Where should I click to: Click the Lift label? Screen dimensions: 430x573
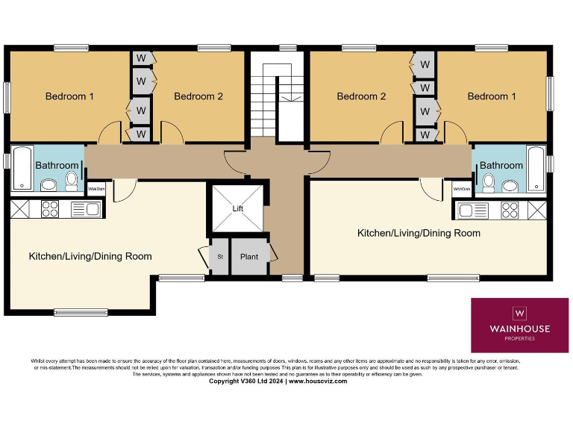(237, 208)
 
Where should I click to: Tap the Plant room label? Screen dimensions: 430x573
(249, 257)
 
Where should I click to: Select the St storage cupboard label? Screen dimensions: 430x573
(220, 257)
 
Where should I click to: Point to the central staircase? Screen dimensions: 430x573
(276, 97)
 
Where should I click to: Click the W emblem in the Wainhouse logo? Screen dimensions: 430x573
(520, 312)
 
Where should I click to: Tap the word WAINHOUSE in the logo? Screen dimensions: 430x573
(520, 328)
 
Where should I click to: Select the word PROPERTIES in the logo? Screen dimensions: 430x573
(520, 338)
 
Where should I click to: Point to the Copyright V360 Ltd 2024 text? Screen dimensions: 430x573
(246, 381)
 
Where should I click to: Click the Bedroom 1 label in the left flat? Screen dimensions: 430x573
(70, 96)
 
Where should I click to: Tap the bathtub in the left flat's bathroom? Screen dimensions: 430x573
(21, 169)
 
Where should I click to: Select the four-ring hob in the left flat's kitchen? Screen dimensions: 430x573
(50, 209)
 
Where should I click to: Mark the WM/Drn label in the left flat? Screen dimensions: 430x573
(96, 190)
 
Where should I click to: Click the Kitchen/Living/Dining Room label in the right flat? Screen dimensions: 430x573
(419, 233)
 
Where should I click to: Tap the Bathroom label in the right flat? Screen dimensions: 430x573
(501, 165)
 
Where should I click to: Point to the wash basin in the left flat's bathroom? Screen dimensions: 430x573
(49, 184)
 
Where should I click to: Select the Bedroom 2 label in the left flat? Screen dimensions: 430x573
(198, 96)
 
